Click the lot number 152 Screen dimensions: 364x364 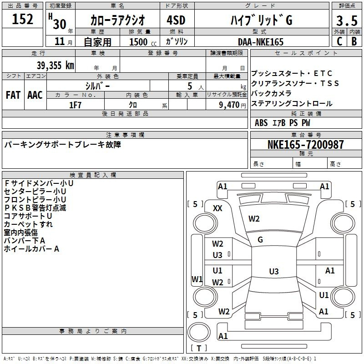tap(22, 19)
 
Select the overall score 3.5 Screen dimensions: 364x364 tap(347, 20)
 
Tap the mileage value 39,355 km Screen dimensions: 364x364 tap(55, 66)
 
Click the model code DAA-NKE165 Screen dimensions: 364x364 tap(261, 42)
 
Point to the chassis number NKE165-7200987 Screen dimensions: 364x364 tap(305, 144)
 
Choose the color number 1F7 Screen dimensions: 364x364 tap(75, 105)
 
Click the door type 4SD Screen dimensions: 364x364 tap(176, 20)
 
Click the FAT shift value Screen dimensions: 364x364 tap(13, 95)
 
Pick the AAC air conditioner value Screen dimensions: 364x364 tap(35, 95)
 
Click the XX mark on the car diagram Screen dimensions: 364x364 tap(217, 208)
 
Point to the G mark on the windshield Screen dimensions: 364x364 tap(260, 240)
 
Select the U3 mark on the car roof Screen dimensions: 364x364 tap(274, 271)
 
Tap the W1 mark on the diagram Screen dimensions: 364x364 tap(197, 279)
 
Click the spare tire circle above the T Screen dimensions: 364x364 tap(199, 333)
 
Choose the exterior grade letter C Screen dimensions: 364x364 tap(339, 41)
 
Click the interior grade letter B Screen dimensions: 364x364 tap(354, 41)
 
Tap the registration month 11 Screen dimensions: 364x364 tap(60, 41)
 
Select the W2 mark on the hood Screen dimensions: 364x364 tap(254, 219)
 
